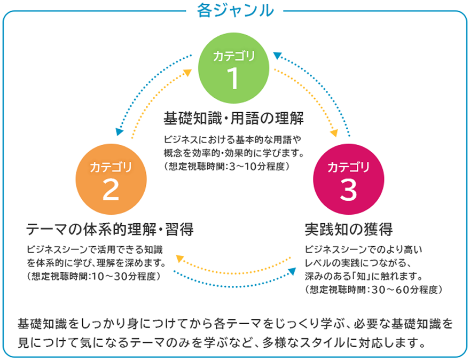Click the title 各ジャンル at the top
tap(235, 11)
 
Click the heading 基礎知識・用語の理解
tap(233, 117)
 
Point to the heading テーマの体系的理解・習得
tap(109, 230)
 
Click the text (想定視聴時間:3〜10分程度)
tap(226, 167)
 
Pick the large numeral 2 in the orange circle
tap(111, 191)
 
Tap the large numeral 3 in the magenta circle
tap(348, 191)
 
